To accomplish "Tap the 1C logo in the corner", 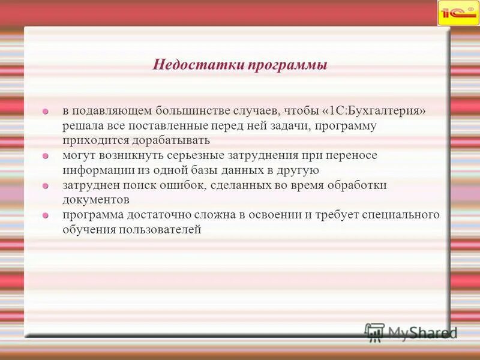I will [x=458, y=13].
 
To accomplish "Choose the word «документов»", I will [x=96, y=200].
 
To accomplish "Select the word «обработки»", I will [x=357, y=185].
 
